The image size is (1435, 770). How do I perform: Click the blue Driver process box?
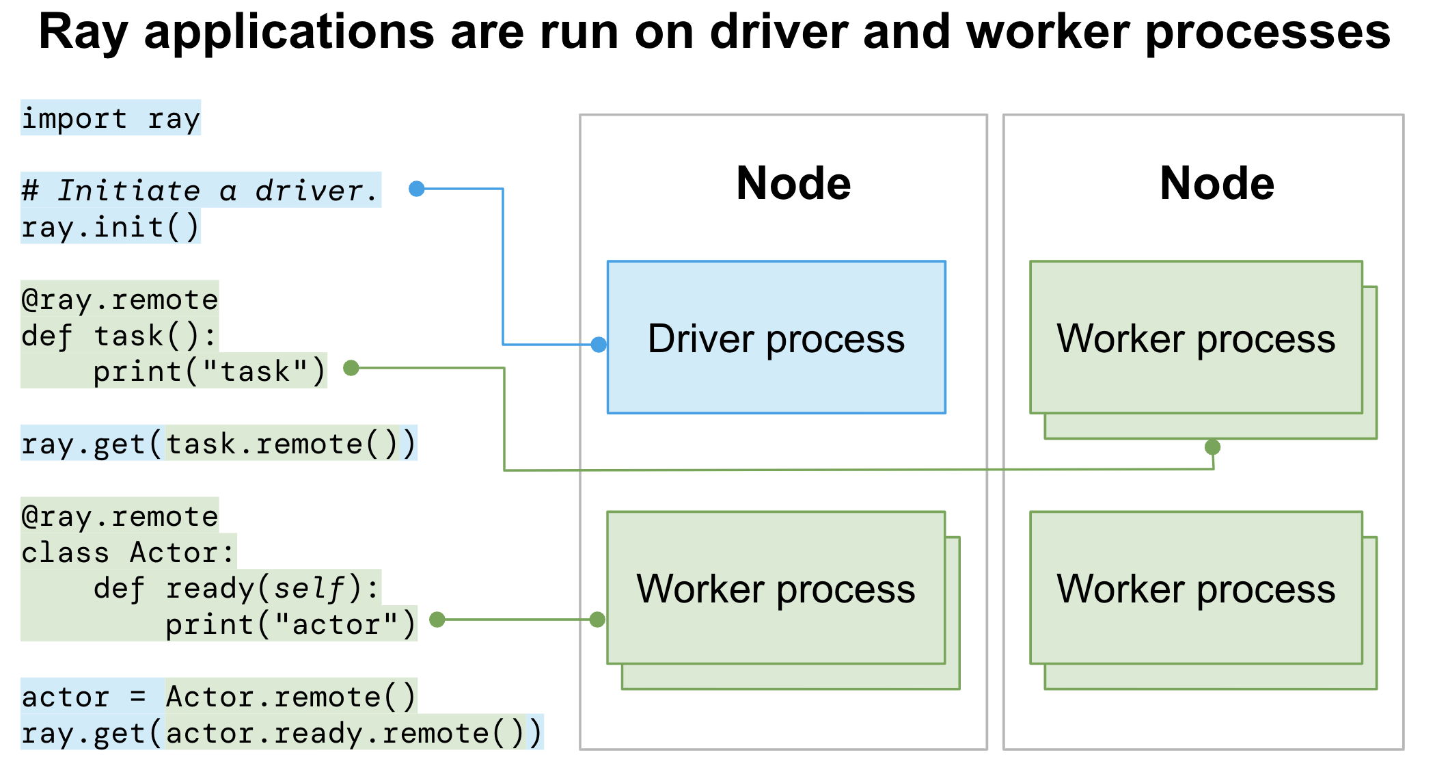[776, 337]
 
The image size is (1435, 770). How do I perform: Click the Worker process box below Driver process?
[776, 588]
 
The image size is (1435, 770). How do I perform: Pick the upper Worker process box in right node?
[1196, 338]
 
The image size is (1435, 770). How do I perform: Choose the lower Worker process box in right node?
[1196, 588]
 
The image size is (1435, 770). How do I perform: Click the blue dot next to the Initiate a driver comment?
[416, 189]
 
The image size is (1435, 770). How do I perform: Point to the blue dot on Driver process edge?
[599, 344]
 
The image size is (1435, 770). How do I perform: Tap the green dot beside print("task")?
[351, 368]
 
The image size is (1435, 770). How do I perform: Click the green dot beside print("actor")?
[437, 620]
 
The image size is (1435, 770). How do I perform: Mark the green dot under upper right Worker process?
[1212, 447]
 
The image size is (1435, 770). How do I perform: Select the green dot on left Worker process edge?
[597, 620]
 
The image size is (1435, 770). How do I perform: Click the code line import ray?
[111, 118]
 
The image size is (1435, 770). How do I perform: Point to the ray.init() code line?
[110, 227]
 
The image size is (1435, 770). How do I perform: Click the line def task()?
[119, 336]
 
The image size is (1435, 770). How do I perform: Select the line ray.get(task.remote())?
[219, 444]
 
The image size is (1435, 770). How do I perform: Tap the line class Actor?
[128, 553]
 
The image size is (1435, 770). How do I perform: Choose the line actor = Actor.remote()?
[219, 697]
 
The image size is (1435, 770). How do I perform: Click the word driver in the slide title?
[778, 31]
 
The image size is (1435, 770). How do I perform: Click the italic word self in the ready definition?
[310, 588]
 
